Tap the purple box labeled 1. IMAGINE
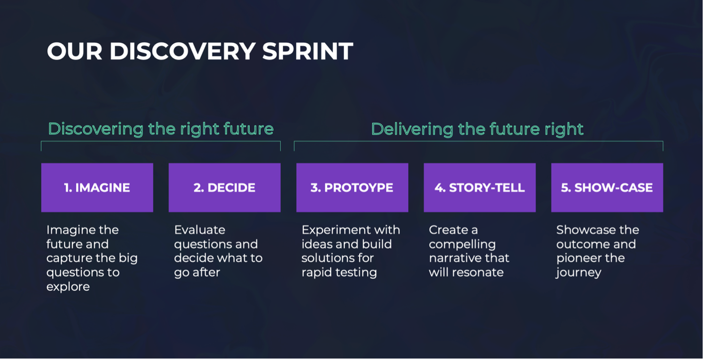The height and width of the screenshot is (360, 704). pyautogui.click(x=97, y=188)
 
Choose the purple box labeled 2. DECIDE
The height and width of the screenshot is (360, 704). pyautogui.click(x=224, y=188)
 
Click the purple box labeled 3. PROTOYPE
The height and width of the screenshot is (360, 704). pyautogui.click(x=352, y=188)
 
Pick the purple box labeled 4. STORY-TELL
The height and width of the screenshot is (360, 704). pyautogui.click(x=480, y=188)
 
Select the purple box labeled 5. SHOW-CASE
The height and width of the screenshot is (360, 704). pyautogui.click(x=607, y=188)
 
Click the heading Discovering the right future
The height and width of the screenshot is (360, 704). pyautogui.click(x=161, y=129)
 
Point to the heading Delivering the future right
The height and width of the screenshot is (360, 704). pyautogui.click(x=477, y=129)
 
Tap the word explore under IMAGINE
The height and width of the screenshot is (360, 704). pyautogui.click(x=68, y=287)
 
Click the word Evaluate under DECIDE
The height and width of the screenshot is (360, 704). pyautogui.click(x=200, y=230)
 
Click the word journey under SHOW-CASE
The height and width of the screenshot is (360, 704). pyautogui.click(x=578, y=273)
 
